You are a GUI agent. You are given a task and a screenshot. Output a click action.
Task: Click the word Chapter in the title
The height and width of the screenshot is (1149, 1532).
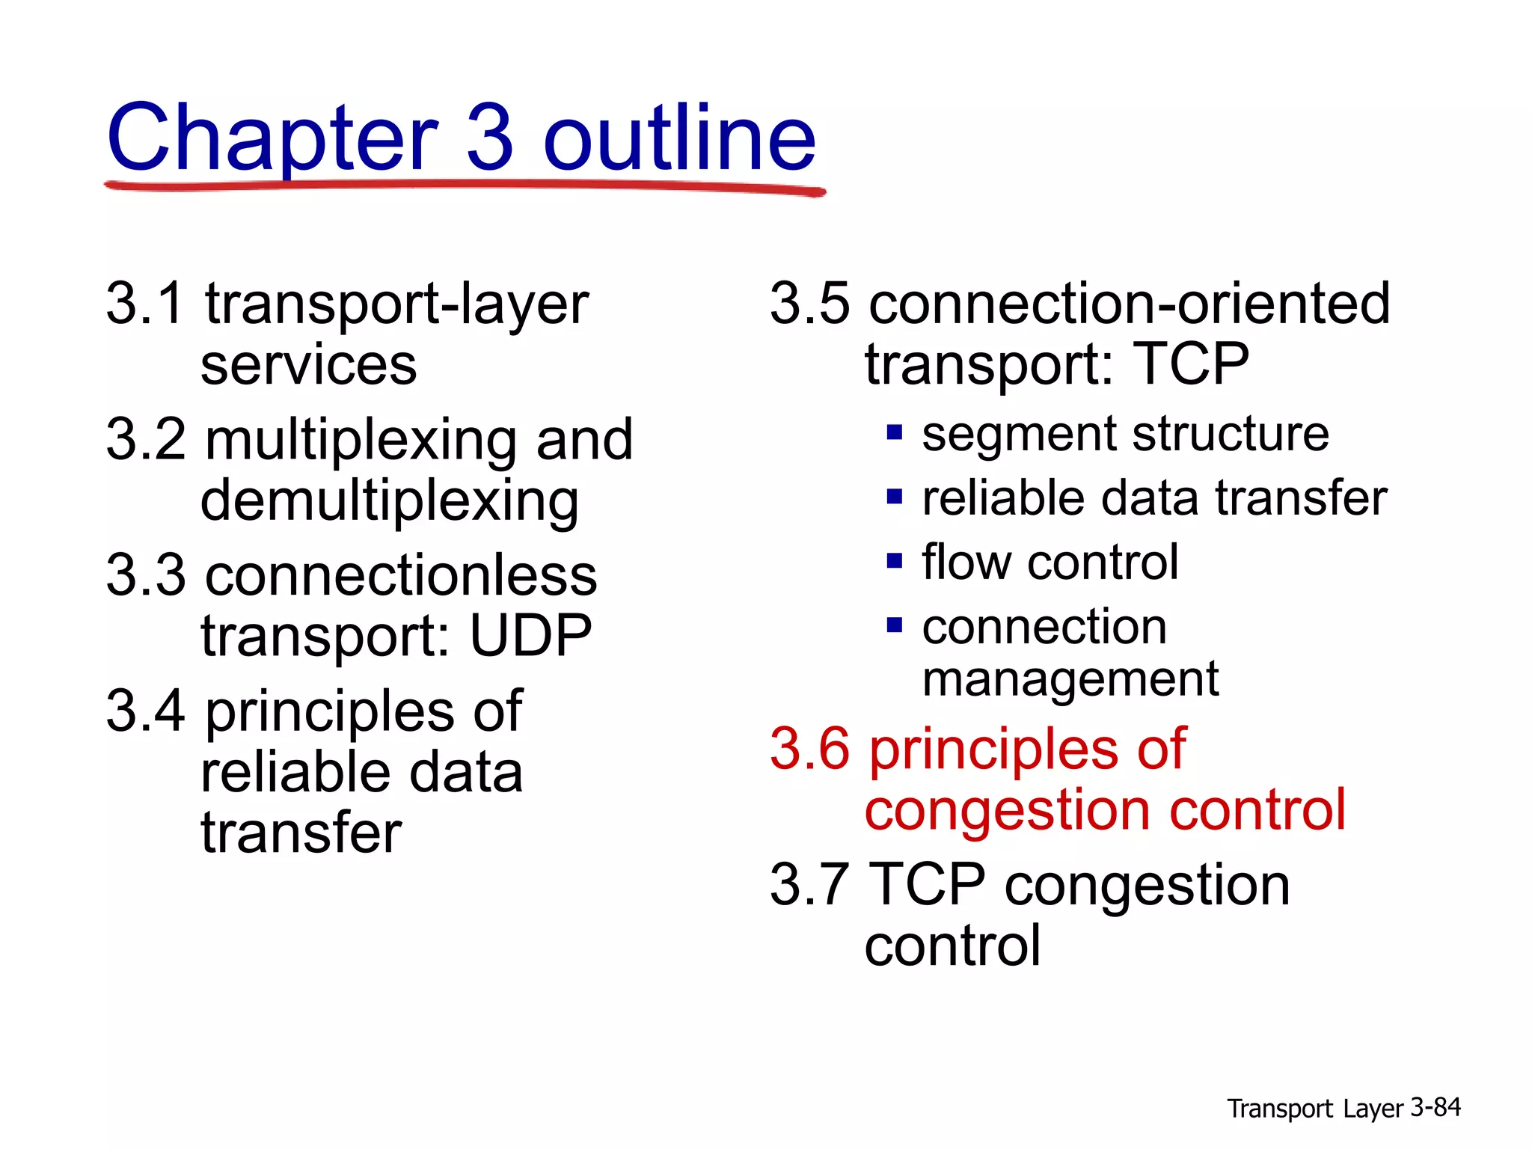(x=272, y=139)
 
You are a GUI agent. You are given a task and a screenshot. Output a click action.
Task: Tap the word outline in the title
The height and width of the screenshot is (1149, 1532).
(x=679, y=138)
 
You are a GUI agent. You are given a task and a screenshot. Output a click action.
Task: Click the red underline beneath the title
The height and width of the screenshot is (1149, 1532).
(x=464, y=186)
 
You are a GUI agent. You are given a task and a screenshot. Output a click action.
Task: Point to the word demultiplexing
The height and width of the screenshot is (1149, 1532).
(x=389, y=501)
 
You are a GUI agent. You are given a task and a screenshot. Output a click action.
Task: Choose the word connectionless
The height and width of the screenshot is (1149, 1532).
(x=401, y=575)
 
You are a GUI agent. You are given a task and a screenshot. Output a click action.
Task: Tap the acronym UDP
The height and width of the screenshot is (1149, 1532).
(x=530, y=636)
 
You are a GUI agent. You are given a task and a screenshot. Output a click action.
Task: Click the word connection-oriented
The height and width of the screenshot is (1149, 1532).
(x=1129, y=304)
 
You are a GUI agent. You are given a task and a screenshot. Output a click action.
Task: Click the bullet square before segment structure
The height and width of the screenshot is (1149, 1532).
(x=895, y=432)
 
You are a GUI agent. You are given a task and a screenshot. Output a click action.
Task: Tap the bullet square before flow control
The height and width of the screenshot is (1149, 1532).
(x=895, y=561)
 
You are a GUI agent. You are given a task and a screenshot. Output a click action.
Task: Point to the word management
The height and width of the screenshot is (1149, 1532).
(x=1070, y=679)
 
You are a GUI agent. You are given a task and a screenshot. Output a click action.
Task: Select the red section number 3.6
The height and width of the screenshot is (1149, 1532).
(x=809, y=748)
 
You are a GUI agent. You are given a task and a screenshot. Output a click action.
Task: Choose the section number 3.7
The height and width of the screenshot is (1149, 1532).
(x=809, y=884)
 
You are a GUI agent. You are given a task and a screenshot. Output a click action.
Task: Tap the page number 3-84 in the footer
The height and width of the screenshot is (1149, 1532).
(x=1436, y=1107)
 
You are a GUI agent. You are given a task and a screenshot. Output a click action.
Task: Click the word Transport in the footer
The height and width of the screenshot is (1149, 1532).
(x=1280, y=1109)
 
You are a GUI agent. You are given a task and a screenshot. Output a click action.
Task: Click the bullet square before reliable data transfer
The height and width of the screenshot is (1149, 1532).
(x=895, y=497)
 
